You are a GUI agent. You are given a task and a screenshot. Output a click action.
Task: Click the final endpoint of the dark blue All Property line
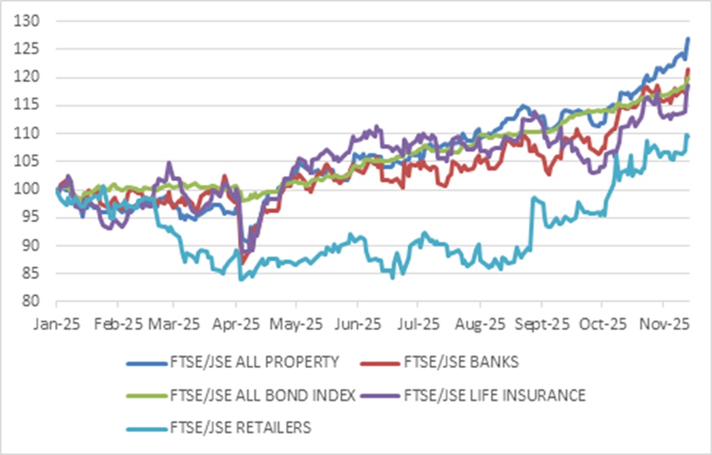[688, 39]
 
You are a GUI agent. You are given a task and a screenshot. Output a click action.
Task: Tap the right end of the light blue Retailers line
[688, 136]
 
